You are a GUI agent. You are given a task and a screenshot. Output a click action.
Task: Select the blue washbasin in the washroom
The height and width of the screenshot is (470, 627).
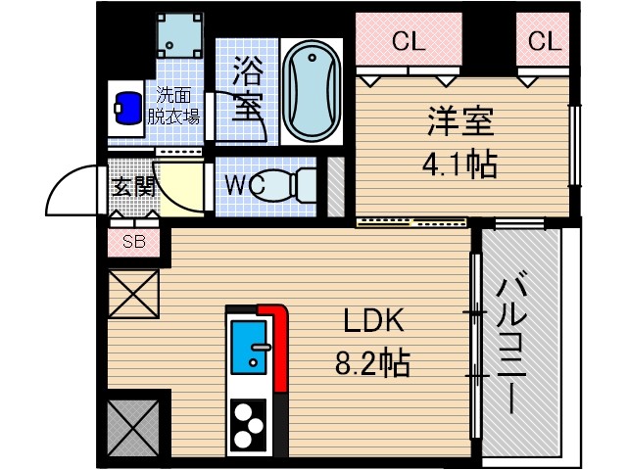pos(128,107)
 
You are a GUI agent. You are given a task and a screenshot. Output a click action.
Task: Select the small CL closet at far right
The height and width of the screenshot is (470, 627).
pos(544,41)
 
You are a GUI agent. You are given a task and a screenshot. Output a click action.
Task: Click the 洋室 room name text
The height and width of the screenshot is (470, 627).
pos(459,125)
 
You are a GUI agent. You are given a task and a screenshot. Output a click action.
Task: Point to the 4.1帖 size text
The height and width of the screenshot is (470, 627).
pos(459,164)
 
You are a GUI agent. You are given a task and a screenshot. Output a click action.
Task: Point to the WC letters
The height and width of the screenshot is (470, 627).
pos(242,184)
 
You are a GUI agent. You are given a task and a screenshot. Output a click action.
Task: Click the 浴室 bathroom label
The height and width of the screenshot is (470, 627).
pos(249,88)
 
